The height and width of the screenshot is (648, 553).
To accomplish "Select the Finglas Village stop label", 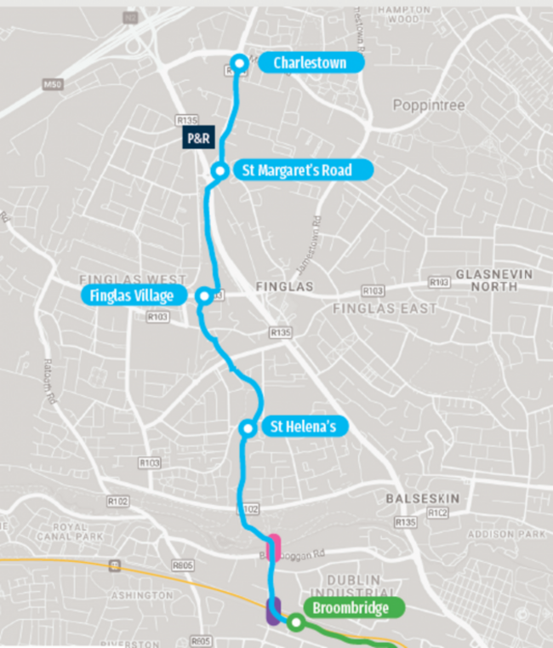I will coord(132,295).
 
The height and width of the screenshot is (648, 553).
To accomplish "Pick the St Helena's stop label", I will coord(298,427).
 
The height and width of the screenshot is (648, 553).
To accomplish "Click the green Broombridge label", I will coord(350,608).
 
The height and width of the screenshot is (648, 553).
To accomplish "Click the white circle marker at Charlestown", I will coord(240,62).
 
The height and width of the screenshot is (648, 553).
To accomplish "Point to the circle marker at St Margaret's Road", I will coord(219,171).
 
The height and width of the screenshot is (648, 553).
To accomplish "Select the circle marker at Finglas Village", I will coord(203,296).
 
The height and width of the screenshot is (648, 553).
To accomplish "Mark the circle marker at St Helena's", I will coord(247,427).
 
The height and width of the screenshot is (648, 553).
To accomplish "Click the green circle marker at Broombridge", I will coord(295,622).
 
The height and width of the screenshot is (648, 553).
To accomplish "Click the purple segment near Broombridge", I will coord(273,611).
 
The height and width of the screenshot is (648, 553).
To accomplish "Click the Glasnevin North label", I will coord(486,280).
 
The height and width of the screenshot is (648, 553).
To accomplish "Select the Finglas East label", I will coord(385,307).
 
